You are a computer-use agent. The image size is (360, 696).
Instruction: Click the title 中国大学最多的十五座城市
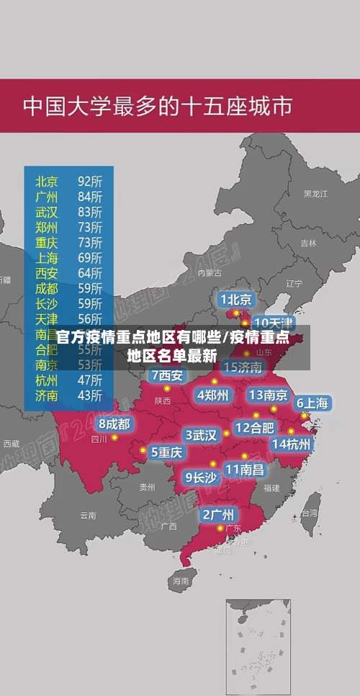(x=158, y=107)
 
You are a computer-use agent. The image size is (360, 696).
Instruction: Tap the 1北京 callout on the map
(x=236, y=299)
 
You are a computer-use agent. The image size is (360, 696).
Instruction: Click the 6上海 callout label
(x=312, y=403)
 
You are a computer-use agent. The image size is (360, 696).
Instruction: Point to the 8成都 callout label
(x=114, y=424)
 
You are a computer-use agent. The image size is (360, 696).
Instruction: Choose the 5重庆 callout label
(x=166, y=452)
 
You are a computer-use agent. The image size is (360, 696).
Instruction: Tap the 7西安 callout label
(x=168, y=375)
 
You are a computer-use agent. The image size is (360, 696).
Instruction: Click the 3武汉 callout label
(x=201, y=435)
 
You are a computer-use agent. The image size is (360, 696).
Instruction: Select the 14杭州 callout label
(x=292, y=444)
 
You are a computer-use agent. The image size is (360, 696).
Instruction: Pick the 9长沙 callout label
(x=201, y=477)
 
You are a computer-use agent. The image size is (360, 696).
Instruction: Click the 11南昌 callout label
(x=245, y=469)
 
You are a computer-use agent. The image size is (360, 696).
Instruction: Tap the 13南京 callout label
(x=268, y=395)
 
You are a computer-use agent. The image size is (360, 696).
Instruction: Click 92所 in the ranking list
(x=90, y=180)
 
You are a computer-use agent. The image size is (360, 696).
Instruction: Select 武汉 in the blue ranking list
(x=47, y=212)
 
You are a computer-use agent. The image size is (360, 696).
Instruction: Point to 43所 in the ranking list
(x=90, y=395)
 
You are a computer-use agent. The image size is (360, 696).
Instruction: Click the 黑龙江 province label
(x=315, y=194)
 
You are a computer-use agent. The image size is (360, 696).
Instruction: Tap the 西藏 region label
(x=11, y=444)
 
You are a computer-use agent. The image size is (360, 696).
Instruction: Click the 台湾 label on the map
(x=309, y=513)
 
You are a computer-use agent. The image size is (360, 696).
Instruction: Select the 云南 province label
(x=88, y=515)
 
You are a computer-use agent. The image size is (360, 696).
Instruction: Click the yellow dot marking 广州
(x=220, y=528)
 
